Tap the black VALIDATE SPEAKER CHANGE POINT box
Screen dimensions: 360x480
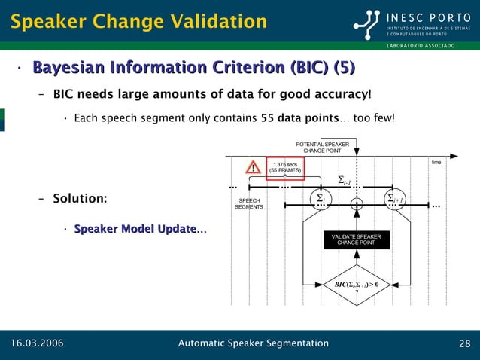point(357,239)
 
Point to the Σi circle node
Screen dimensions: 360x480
point(320,200)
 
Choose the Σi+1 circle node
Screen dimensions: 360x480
point(394,200)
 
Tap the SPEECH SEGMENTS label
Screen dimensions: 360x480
point(248,203)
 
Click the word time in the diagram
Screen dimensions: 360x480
point(436,162)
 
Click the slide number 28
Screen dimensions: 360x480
point(464,344)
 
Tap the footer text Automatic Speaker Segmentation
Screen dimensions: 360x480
point(253,344)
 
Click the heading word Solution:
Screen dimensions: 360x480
point(80,198)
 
